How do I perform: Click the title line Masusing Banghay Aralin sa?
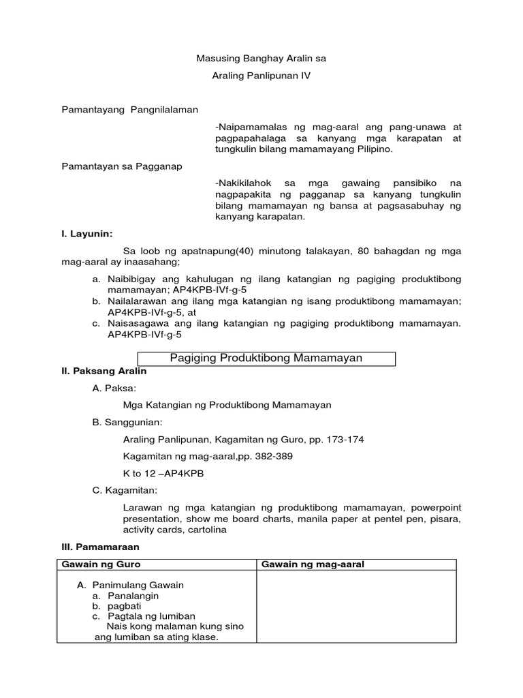coord(261,59)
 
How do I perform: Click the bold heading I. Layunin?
coord(87,234)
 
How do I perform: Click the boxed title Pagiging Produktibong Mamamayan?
coord(265,358)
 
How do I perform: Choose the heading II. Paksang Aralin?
coord(104,371)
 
